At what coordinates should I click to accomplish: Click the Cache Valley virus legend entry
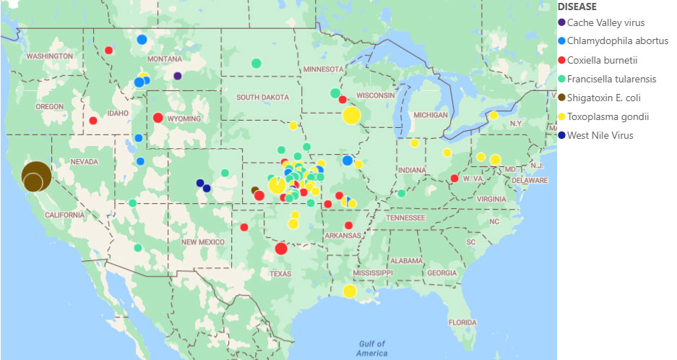[603, 22]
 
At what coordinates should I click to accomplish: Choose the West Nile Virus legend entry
[600, 135]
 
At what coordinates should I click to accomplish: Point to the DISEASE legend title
[577, 7]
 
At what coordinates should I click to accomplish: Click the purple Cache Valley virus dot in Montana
[178, 75]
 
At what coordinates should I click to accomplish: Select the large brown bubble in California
[35, 176]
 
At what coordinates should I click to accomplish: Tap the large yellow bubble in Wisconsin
[352, 115]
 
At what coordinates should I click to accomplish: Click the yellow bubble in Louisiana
[350, 291]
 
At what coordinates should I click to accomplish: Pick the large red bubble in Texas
[281, 249]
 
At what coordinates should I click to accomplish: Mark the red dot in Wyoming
[158, 118]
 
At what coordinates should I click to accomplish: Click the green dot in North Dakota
[256, 64]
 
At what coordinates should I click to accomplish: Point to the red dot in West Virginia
[454, 179]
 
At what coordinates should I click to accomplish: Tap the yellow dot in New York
[493, 116]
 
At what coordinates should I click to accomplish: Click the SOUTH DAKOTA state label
[262, 98]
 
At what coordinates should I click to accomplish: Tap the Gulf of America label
[371, 348]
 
